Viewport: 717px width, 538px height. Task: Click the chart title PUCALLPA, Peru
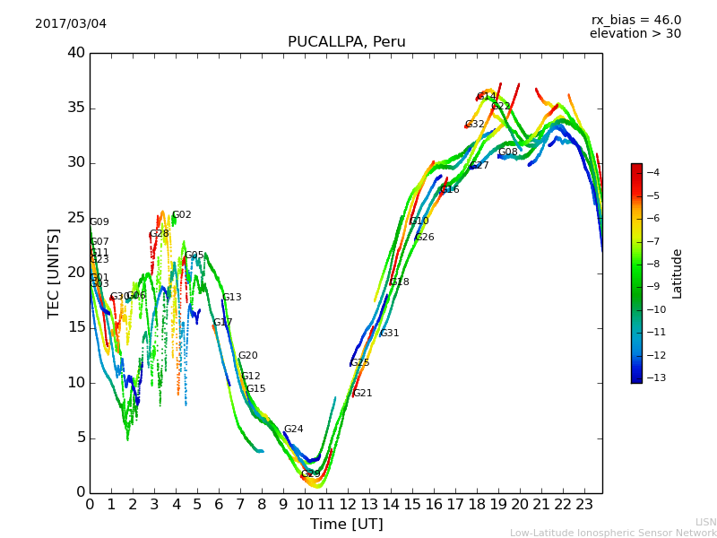(x=346, y=42)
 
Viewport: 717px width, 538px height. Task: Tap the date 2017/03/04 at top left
(x=71, y=23)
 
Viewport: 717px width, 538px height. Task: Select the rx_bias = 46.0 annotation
(x=635, y=20)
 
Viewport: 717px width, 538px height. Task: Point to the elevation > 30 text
(x=635, y=34)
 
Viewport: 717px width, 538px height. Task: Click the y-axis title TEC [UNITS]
(x=54, y=273)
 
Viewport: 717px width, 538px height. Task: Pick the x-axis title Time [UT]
(x=346, y=525)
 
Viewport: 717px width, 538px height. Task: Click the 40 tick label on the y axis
(x=76, y=53)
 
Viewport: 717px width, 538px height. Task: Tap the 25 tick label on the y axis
(x=76, y=218)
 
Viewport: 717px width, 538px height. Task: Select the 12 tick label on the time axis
(x=349, y=505)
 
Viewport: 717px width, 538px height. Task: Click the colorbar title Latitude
(x=678, y=273)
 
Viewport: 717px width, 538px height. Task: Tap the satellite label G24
(x=293, y=430)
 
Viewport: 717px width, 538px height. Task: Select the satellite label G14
(x=486, y=97)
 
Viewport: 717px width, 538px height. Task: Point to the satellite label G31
(x=389, y=334)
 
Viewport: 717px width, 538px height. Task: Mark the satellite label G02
(x=181, y=215)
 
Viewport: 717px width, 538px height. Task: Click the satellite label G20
(x=247, y=356)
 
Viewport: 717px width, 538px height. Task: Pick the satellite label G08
(x=507, y=152)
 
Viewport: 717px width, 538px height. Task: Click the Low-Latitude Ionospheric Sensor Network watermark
(x=613, y=534)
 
